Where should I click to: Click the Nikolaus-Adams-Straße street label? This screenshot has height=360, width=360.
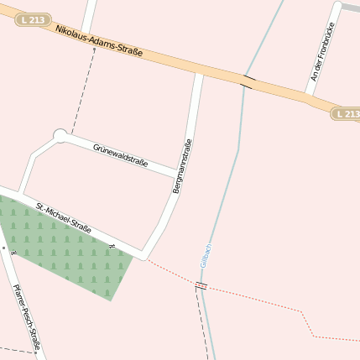[99, 41]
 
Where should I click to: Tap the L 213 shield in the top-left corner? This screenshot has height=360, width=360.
[32, 18]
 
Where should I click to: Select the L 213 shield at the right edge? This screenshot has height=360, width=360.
[344, 113]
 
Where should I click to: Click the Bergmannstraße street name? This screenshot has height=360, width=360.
[183, 166]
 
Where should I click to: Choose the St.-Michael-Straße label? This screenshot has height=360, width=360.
[63, 217]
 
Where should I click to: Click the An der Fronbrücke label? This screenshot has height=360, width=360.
[317, 52]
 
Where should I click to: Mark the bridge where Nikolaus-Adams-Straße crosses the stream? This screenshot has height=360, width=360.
[247, 81]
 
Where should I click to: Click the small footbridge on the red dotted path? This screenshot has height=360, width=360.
[201, 286]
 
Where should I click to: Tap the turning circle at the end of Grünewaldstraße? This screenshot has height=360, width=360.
[60, 134]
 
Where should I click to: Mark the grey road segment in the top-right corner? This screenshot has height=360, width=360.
[347, 6]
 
